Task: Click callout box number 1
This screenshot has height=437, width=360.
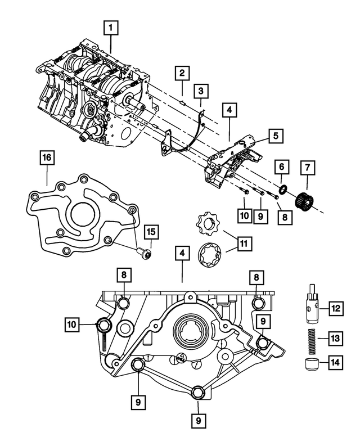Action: [x=111, y=26]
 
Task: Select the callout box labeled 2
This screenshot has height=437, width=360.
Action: [x=181, y=73]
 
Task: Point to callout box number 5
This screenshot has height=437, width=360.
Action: [x=275, y=136]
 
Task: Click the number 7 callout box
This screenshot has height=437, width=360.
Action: [x=308, y=167]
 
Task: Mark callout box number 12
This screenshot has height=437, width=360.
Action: [x=336, y=308]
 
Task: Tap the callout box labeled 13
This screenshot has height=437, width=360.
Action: [x=336, y=338]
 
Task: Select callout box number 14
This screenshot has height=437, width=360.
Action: [x=336, y=363]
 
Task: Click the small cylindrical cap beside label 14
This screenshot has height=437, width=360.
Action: [x=310, y=364]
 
